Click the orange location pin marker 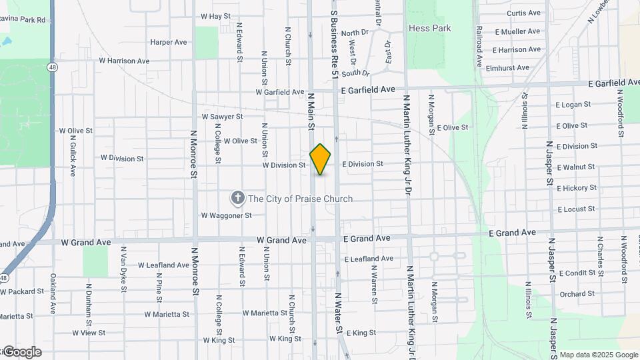click(x=320, y=159)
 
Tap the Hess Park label click(x=429, y=29)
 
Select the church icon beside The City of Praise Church click(x=237, y=198)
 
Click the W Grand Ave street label click(x=281, y=239)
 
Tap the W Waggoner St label click(x=226, y=215)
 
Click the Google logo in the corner click(x=21, y=352)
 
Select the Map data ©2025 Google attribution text click(x=598, y=355)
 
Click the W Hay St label click(x=215, y=16)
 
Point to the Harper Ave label click(x=169, y=42)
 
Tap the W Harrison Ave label click(x=124, y=61)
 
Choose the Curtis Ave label click(x=523, y=13)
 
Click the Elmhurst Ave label click(x=507, y=67)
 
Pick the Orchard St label click(x=577, y=293)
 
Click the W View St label click(x=89, y=332)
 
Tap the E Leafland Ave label click(x=369, y=259)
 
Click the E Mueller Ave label click(x=517, y=31)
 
